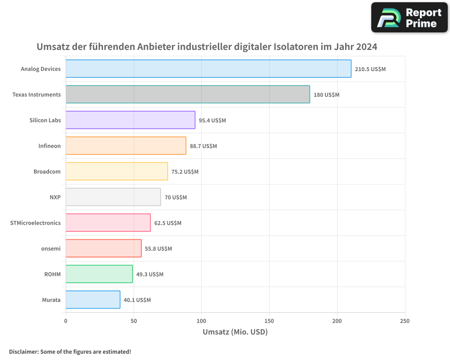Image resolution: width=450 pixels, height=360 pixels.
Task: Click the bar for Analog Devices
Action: pos(208,69)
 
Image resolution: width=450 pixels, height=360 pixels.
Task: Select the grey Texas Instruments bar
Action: pos(188,94)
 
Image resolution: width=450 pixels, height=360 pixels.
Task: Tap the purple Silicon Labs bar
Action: pos(130,120)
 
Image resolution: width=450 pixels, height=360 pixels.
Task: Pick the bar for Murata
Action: pos(93,300)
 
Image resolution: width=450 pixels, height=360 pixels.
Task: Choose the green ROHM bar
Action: pos(99,274)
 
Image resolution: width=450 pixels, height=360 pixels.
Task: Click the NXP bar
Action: pos(113,197)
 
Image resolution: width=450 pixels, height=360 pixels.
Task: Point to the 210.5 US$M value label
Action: pos(370,69)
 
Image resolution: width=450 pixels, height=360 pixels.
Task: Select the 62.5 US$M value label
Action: pos(168,223)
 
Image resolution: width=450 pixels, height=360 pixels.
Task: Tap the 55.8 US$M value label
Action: pos(158,249)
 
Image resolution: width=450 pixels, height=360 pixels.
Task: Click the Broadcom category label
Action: pos(47,172)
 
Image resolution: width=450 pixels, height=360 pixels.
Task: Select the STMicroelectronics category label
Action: pos(35,223)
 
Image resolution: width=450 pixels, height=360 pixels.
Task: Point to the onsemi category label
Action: pos(51,249)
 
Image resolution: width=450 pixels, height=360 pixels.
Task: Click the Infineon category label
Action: pos(49,146)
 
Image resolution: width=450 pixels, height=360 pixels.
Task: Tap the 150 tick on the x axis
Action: pos(269,321)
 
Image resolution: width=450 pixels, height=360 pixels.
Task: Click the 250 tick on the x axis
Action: pos(405,321)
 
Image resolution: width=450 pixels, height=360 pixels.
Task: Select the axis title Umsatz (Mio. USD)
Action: pos(235,333)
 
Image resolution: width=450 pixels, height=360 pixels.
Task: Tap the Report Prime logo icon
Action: pos(387,18)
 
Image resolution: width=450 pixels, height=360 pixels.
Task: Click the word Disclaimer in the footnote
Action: pos(23,352)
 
